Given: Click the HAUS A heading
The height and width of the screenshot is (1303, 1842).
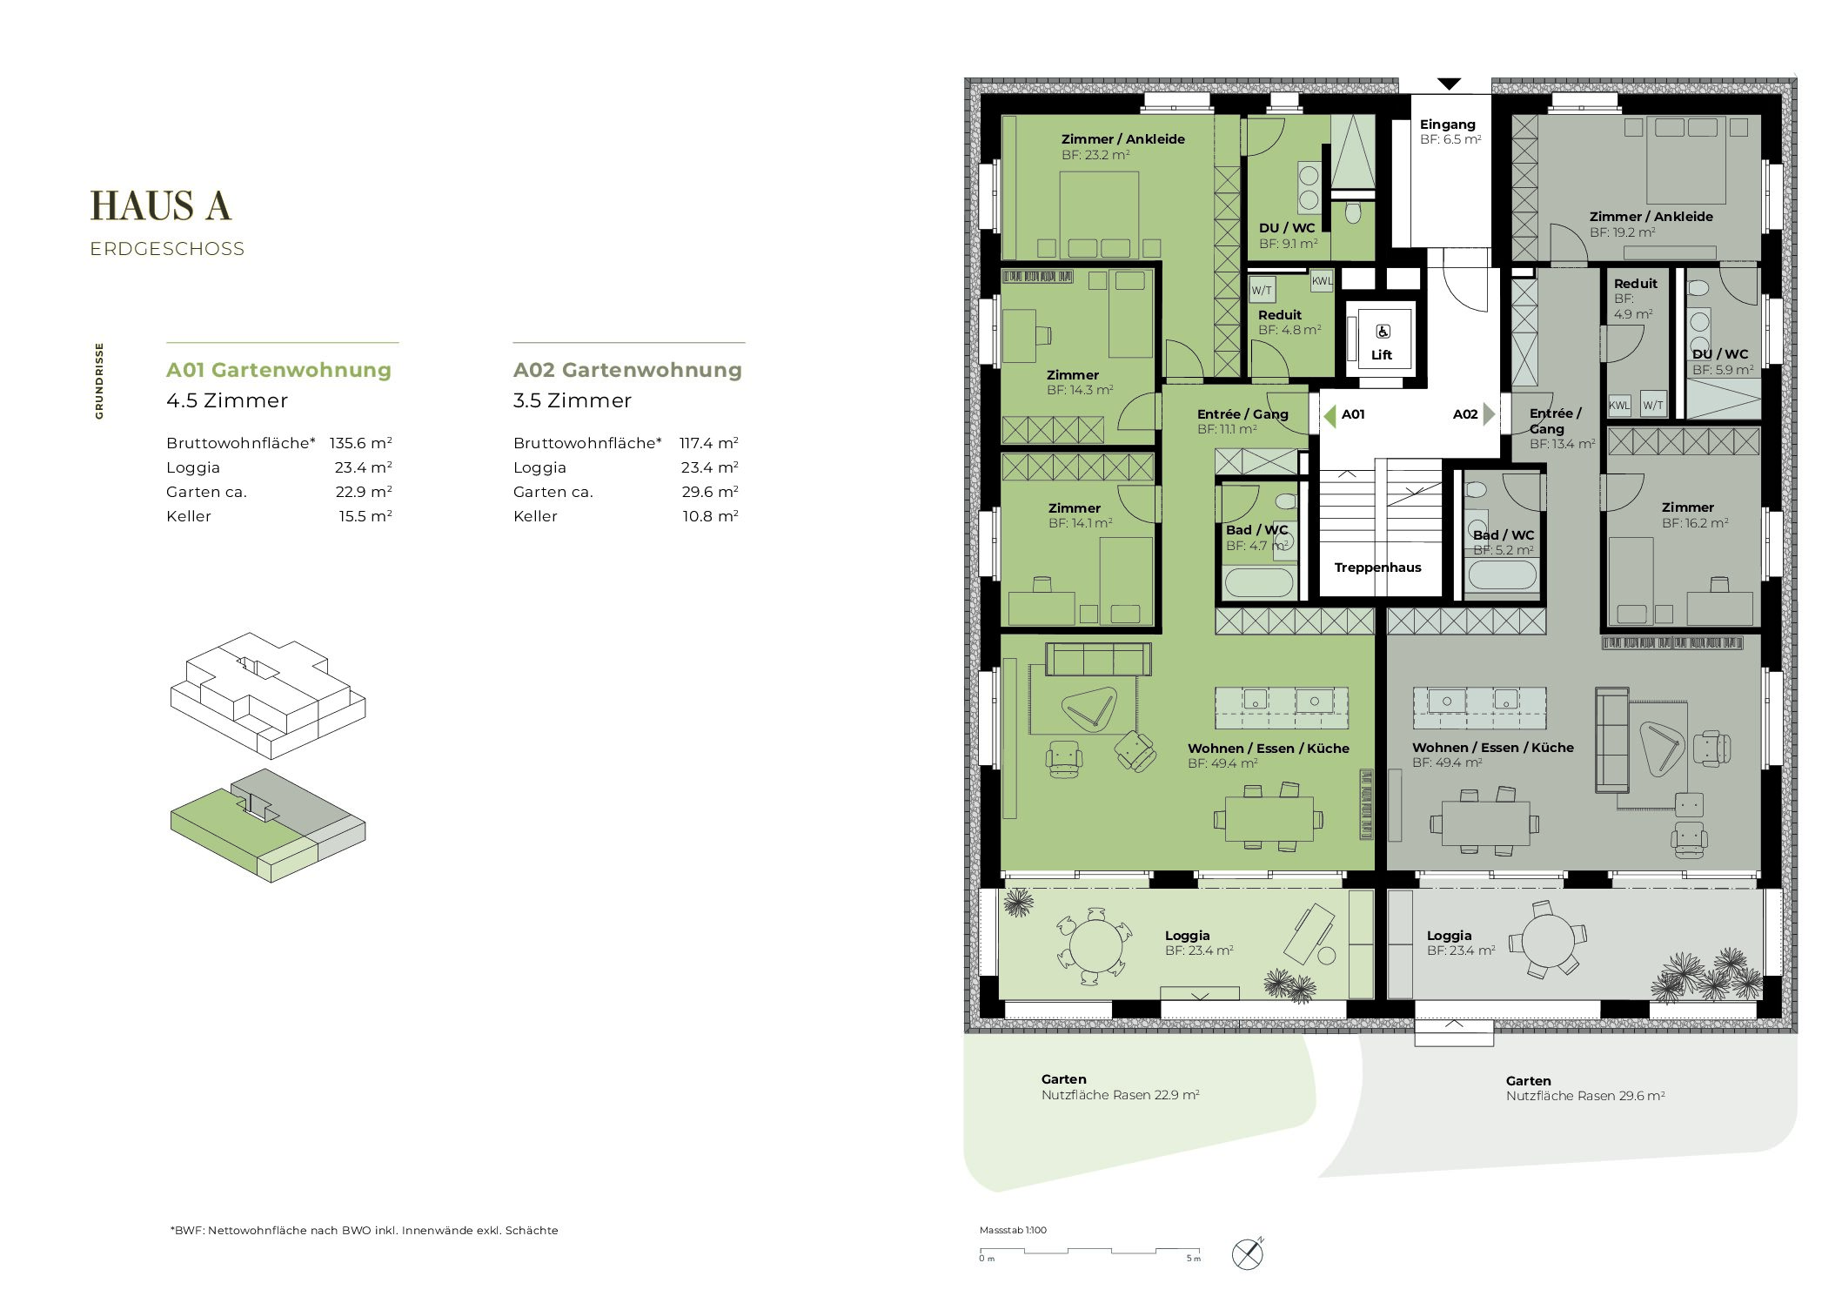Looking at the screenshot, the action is point(161,206).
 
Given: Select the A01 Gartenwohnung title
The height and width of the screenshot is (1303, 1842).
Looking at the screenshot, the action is point(278,370).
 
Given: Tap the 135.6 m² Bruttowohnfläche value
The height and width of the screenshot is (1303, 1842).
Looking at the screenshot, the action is point(360,443).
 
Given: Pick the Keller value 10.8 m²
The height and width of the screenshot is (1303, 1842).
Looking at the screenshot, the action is point(710,516).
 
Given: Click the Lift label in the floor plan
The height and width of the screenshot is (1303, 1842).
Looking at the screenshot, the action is point(1382,355).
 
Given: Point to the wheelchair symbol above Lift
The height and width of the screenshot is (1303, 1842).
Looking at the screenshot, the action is point(1383,331).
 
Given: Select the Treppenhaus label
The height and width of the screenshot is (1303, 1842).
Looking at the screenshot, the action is point(1377,568).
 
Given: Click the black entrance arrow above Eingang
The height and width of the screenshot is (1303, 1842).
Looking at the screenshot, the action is point(1449,84).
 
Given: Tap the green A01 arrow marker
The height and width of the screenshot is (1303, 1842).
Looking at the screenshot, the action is point(1330,415).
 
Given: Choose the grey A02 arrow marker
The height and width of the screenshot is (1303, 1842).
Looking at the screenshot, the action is point(1489,414).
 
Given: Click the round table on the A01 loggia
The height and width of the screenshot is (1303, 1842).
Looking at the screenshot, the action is point(1095,946).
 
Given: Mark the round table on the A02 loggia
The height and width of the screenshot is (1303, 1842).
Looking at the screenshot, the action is point(1549,941).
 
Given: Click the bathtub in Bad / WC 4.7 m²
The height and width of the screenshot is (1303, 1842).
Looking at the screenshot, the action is point(1259,581).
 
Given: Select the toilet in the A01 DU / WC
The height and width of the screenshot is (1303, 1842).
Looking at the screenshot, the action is point(1353,212).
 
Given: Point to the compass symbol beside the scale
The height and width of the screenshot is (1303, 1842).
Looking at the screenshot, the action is point(1248,1253).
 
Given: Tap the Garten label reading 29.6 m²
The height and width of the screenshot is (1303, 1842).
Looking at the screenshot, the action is point(1585,1088).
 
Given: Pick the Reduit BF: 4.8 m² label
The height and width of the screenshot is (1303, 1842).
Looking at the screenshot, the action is point(1289,322).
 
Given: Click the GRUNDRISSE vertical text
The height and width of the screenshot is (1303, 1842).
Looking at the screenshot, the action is point(99,380).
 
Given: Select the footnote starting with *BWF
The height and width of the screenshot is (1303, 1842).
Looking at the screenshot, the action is point(364,1230).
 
